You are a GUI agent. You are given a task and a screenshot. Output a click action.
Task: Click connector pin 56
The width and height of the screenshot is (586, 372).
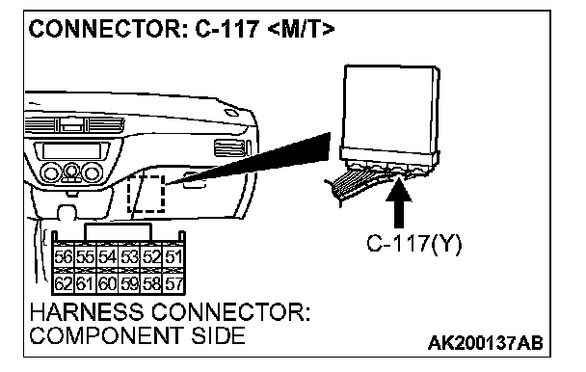64,256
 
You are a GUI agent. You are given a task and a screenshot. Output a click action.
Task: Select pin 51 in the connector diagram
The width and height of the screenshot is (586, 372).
173,256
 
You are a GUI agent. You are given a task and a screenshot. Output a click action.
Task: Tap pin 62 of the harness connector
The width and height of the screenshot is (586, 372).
64,283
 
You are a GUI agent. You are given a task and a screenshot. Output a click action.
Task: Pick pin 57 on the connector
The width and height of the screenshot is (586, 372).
173,283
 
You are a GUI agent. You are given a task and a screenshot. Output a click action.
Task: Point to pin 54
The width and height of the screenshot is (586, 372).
107,256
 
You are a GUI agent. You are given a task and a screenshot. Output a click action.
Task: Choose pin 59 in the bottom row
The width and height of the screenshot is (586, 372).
129,283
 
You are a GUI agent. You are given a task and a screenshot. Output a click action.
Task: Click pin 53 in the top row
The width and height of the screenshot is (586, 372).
129,256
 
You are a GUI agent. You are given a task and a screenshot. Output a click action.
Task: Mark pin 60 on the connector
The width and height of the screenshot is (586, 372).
107,283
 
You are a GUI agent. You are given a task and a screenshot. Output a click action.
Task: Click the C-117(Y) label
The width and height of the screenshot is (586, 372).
414,244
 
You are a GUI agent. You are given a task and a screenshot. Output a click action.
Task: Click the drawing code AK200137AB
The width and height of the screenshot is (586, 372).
485,343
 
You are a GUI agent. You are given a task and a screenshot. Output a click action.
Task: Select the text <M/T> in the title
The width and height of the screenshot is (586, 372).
301,29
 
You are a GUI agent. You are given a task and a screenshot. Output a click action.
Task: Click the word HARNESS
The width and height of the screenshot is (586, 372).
87,312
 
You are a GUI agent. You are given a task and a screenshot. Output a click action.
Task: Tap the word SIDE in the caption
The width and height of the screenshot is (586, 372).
218,335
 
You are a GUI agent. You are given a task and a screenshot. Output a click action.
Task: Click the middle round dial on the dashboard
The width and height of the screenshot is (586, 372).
70,171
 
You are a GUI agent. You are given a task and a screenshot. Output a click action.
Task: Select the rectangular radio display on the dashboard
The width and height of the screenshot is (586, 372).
71,150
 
